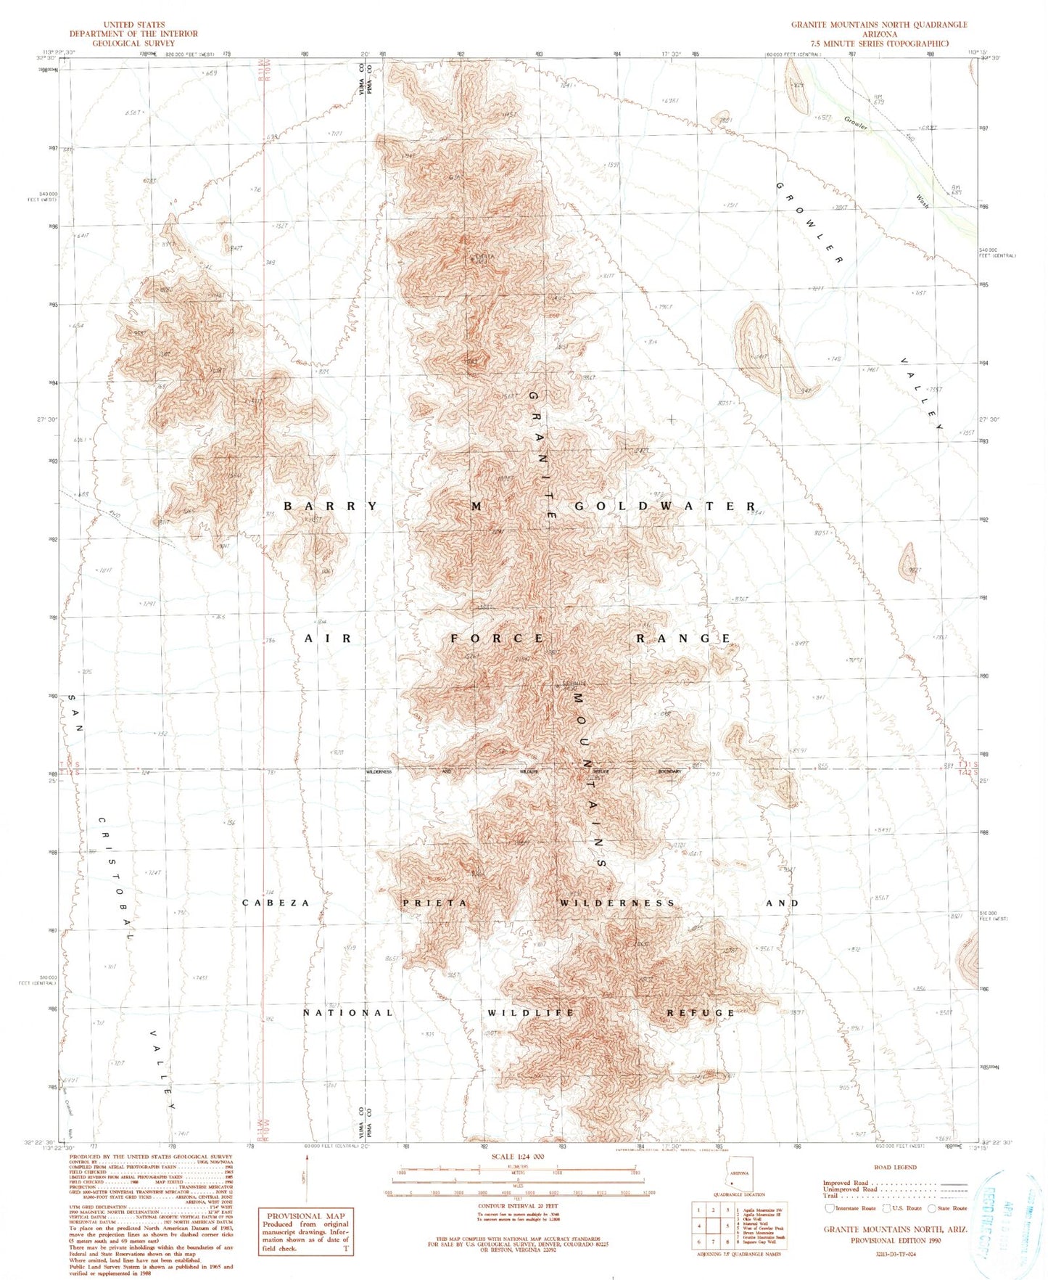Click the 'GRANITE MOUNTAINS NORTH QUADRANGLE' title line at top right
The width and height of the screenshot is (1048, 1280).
point(878,25)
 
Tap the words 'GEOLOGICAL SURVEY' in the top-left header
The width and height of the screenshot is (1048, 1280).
point(133,43)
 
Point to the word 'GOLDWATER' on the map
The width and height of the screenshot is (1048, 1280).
point(664,506)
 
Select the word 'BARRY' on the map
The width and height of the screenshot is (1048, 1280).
point(331,506)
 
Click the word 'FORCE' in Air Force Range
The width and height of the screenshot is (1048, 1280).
point(498,639)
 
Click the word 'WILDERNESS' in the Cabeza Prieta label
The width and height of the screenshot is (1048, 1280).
point(617,903)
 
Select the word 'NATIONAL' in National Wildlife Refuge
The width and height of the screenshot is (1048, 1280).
point(348,1012)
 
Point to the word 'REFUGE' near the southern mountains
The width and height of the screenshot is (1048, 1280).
point(701,1012)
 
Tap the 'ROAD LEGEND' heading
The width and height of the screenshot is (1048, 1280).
point(895,1168)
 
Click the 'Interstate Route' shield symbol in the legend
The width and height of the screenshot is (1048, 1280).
point(830,1208)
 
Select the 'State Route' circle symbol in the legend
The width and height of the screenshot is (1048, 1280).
point(932,1208)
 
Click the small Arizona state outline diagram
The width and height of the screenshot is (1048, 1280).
point(740,1174)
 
